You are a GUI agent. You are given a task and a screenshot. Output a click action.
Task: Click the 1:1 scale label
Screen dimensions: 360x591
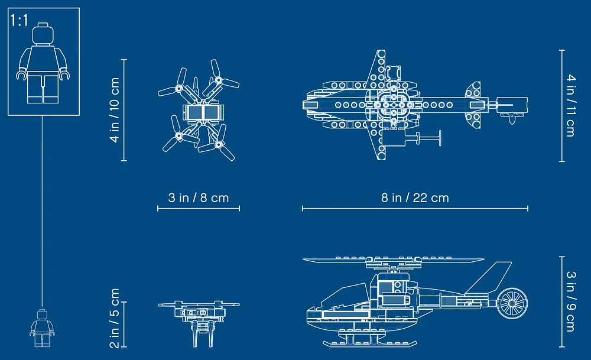pyautogui.click(x=19, y=21)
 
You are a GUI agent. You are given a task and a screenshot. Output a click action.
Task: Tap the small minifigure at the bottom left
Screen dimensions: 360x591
pyautogui.click(x=42, y=328)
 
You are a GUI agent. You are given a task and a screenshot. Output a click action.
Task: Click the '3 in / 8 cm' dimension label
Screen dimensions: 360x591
pyautogui.click(x=198, y=197)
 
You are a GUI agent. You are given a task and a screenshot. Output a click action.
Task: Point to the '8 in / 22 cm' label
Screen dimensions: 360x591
pyautogui.click(x=415, y=197)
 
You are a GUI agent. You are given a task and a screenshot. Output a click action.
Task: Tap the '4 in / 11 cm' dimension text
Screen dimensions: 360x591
pyautogui.click(x=570, y=105)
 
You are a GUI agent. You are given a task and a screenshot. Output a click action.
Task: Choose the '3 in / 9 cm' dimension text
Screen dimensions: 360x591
pyautogui.click(x=570, y=301)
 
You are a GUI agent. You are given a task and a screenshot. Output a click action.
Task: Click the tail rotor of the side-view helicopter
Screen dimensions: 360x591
pyautogui.click(x=511, y=303)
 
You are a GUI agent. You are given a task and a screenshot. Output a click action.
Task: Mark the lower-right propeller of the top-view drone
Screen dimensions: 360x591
pyautogui.click(x=220, y=144)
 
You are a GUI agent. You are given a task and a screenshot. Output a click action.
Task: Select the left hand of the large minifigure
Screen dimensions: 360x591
pyautogui.click(x=21, y=76)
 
